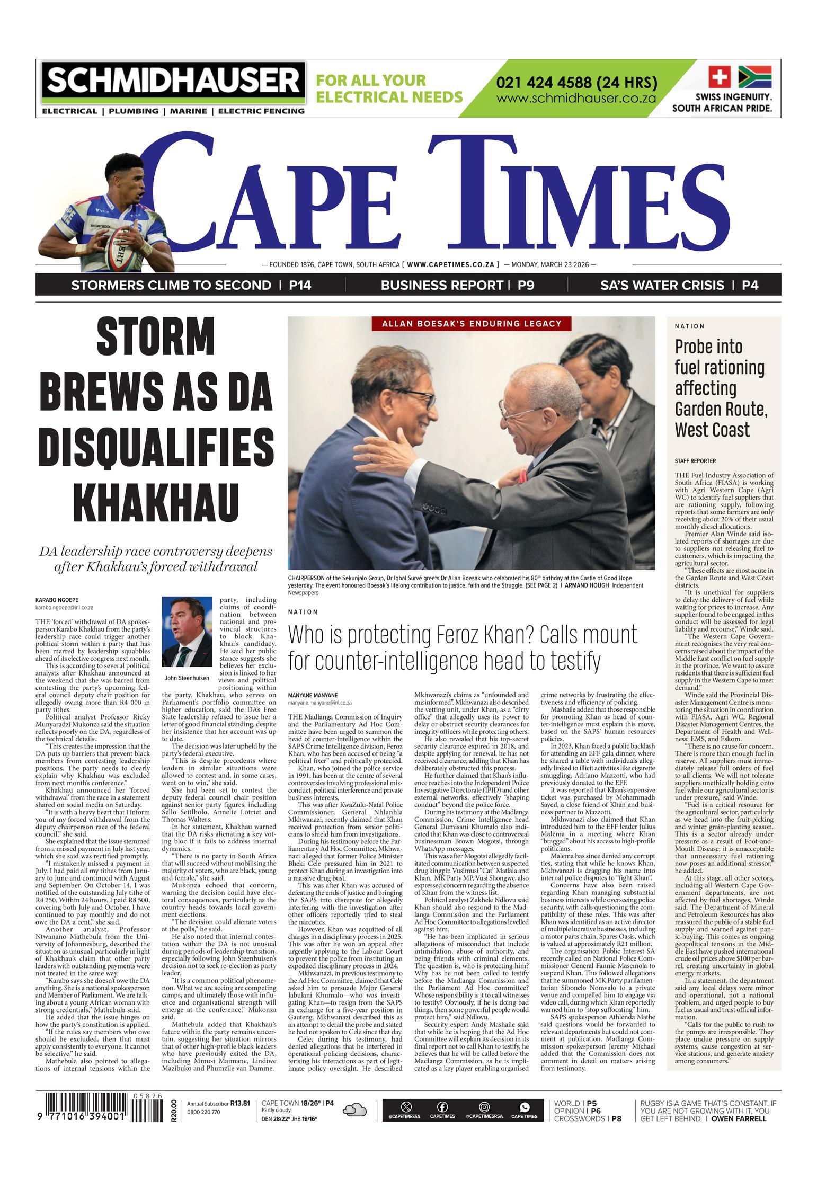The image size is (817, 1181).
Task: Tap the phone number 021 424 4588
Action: coord(576,83)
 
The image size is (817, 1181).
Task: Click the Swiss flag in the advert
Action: coord(719,77)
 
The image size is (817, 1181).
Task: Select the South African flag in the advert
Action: coord(754,77)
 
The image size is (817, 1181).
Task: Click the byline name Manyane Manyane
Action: coord(313,695)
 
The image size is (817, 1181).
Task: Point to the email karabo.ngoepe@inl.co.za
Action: coord(64,608)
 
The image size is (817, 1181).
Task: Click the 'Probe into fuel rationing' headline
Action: coord(720,388)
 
